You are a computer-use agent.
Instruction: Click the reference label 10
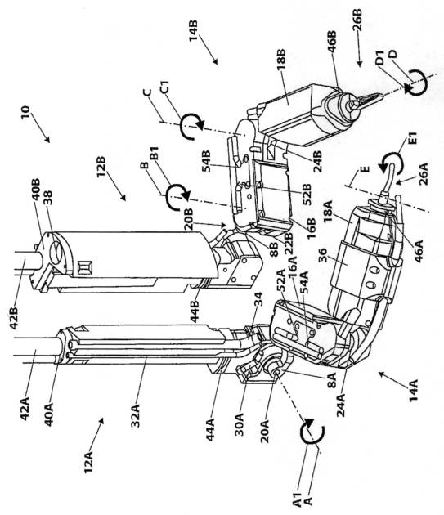coord(25,113)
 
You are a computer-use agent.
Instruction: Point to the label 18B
coord(281,61)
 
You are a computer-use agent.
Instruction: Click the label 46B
coord(332,43)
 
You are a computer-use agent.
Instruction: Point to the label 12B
coord(101,166)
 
